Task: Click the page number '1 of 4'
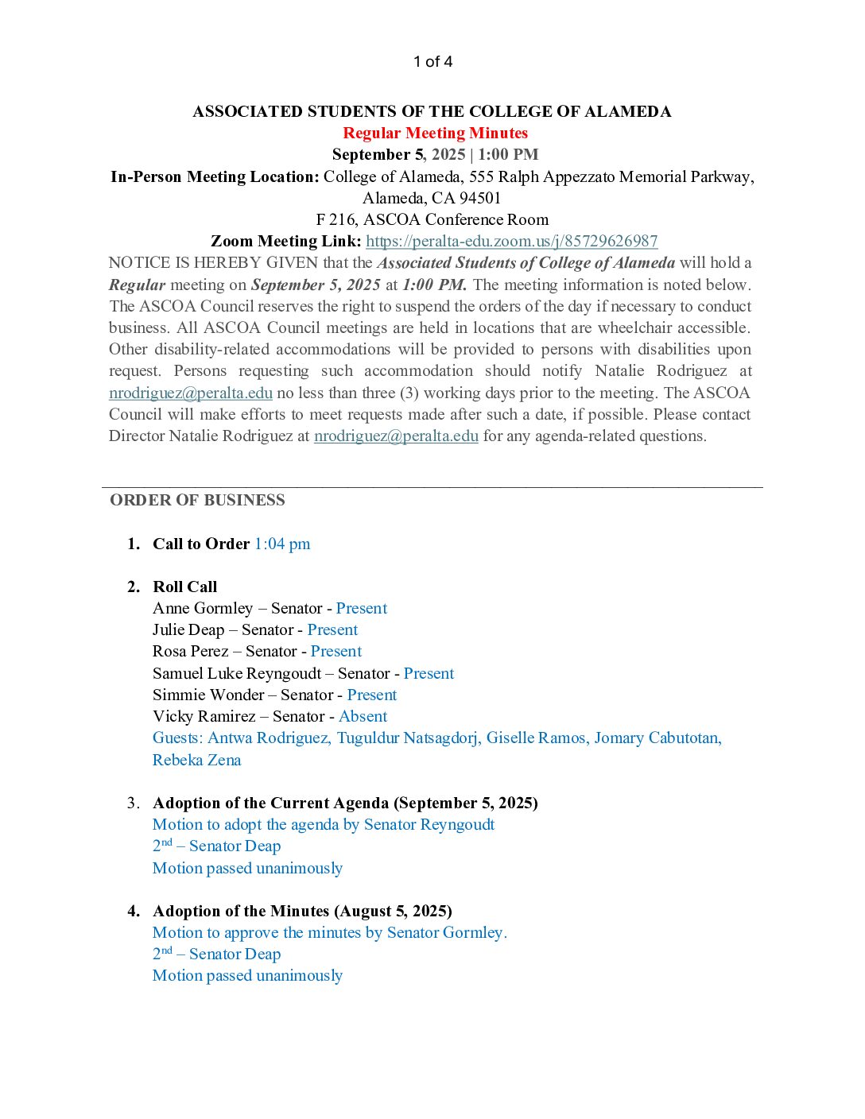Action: pos(432,62)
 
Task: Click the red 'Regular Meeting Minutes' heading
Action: pos(435,133)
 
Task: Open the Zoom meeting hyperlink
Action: pos(511,241)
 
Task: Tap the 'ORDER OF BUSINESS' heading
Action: pos(197,500)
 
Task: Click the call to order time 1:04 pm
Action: pos(282,544)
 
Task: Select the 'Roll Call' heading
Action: pos(184,587)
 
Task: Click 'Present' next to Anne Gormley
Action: pos(361,608)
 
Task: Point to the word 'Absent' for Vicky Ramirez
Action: pos(363,716)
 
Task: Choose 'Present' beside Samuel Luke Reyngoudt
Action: pos(429,673)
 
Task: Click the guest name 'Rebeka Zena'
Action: pos(196,760)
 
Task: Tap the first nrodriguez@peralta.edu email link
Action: pos(191,393)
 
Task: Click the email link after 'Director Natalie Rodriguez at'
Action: pos(396,436)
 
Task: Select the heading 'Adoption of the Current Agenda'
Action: pos(270,803)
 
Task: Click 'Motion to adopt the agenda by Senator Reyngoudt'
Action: pos(324,824)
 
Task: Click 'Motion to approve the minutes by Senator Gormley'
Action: pos(329,932)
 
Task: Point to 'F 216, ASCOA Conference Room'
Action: pos(432,219)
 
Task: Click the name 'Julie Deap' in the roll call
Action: pos(188,629)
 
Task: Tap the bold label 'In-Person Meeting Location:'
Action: pos(215,176)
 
